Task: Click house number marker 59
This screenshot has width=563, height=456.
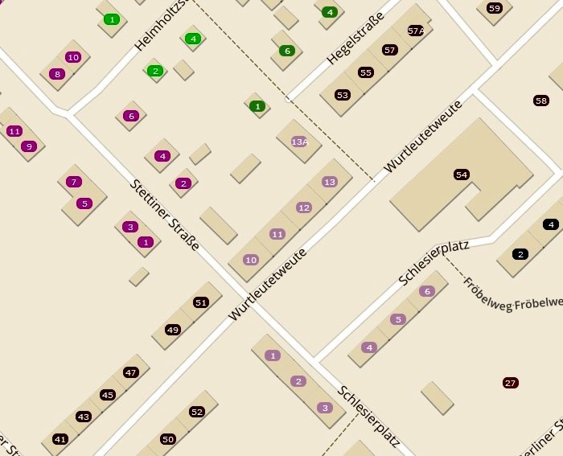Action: coord(494,8)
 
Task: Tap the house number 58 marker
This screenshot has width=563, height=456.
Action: coord(541,101)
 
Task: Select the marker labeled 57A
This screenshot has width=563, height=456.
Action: coord(416,31)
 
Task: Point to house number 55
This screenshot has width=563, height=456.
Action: coord(366,72)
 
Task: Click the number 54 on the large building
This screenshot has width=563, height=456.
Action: coord(461,175)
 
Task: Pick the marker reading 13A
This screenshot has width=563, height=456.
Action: coord(299,142)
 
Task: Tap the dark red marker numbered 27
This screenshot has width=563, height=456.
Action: coord(510,383)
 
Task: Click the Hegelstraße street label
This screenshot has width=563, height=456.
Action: coord(355,38)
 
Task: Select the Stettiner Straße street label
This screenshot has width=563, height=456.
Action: coord(164,214)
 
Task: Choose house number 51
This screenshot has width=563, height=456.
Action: coord(201,302)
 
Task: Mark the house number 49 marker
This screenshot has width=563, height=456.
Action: coord(173,330)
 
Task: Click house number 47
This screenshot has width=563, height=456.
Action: coord(131,372)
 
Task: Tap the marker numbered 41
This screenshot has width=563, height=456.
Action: coord(60,439)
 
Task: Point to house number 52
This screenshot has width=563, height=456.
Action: coord(197,412)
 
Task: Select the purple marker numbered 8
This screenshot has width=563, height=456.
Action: coord(56,74)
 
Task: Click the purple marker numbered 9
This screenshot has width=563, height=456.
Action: coord(29,146)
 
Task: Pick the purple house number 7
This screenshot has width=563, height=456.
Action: coord(74,182)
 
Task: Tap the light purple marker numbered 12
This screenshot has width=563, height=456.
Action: coord(303,207)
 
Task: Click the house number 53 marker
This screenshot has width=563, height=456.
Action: coord(343,95)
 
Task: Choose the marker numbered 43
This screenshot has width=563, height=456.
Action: coord(84,417)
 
